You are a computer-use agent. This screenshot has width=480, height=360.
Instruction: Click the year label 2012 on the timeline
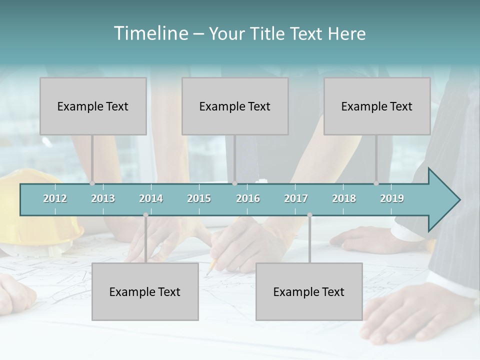(x=55, y=198)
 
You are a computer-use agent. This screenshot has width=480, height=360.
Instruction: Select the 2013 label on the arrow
(x=103, y=198)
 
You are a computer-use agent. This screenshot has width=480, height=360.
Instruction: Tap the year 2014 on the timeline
(x=151, y=198)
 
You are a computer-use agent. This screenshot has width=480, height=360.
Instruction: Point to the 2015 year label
(x=199, y=198)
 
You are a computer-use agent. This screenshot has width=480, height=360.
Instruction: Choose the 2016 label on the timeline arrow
(x=248, y=198)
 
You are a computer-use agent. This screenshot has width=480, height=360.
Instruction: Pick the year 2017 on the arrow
(x=296, y=198)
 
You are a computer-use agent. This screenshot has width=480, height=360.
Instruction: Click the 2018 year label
(x=344, y=198)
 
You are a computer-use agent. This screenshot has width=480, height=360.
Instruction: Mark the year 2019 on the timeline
(x=392, y=198)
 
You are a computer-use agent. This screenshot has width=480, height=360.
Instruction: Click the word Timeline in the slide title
(x=150, y=33)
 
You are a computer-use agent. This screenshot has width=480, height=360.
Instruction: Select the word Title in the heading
(x=269, y=33)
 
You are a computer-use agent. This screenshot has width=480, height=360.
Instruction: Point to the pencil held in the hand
(x=211, y=267)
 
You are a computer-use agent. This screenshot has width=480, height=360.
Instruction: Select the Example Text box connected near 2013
(x=93, y=106)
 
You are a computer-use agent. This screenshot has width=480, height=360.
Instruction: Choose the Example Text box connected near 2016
(x=235, y=106)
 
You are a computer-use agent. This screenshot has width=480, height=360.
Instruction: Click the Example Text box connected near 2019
(x=377, y=106)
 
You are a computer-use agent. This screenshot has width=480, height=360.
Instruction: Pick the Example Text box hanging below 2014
(x=145, y=291)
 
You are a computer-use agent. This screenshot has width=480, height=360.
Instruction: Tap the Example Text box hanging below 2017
(x=309, y=291)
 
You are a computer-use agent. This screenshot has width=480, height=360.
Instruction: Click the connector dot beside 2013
(x=92, y=183)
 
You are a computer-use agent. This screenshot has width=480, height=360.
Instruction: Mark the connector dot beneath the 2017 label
(x=309, y=215)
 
